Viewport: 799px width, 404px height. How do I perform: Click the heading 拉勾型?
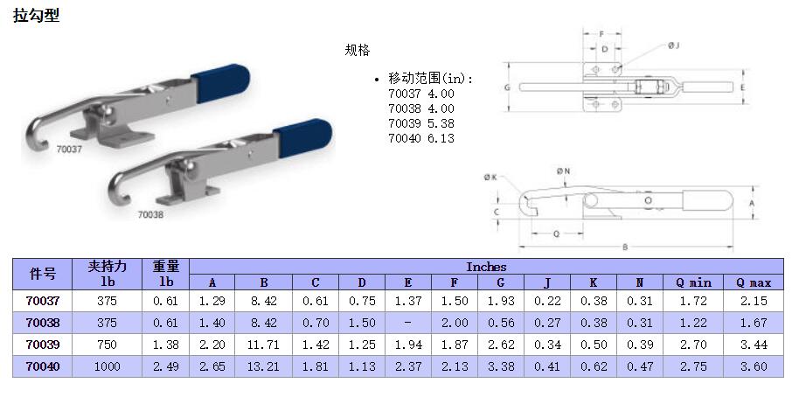[36, 15]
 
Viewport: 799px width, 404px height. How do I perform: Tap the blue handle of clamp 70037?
[221, 81]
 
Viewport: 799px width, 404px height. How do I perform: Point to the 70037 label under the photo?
[69, 150]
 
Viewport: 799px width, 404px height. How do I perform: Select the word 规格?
[358, 50]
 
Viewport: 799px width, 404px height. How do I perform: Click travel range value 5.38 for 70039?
[441, 123]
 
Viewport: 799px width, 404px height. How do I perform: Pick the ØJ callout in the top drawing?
[674, 45]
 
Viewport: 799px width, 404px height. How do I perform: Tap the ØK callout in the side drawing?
[490, 178]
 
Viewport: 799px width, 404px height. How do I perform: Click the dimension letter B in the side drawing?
[625, 247]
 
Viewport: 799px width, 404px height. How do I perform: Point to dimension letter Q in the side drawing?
[557, 233]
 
